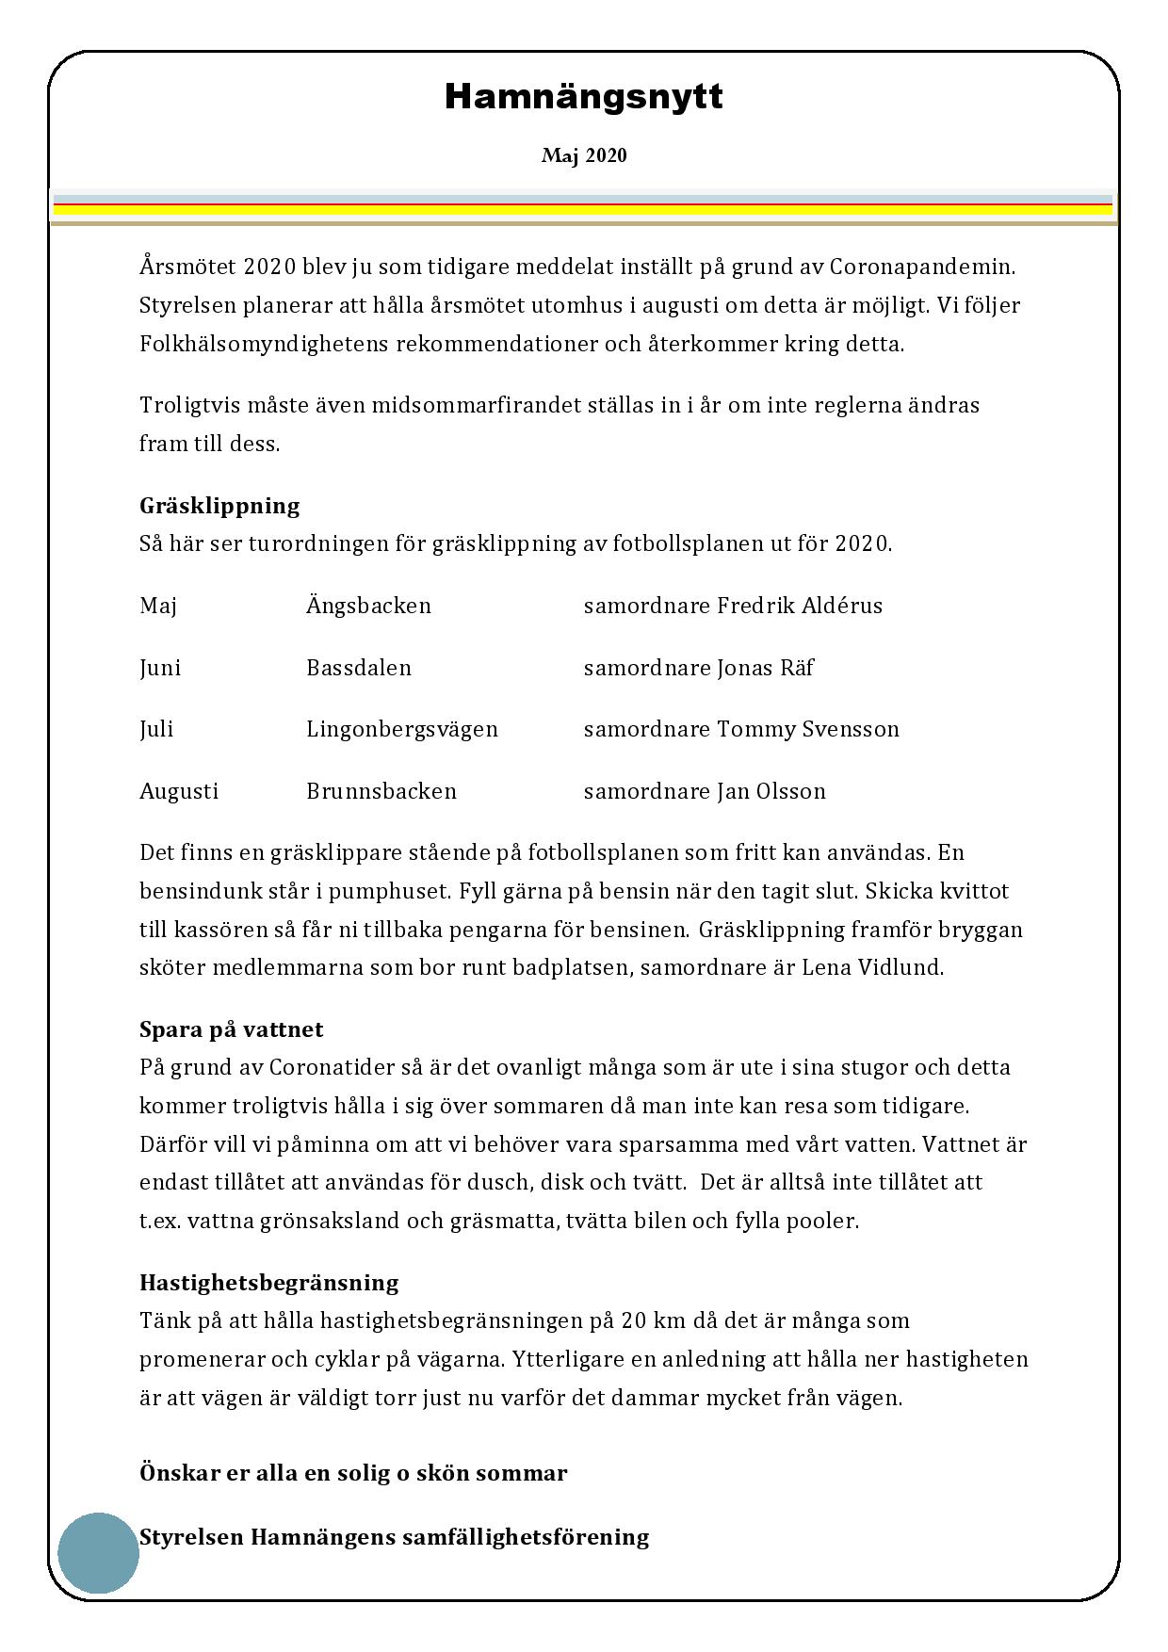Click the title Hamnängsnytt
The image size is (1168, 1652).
[x=583, y=97]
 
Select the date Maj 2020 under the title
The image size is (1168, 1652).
[x=583, y=155]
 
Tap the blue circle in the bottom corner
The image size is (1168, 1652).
[x=98, y=1553]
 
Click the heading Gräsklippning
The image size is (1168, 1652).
[x=219, y=506]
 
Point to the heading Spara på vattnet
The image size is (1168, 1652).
[x=231, y=1029]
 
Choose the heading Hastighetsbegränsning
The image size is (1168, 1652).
[x=268, y=1283]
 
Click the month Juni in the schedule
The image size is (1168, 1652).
[x=160, y=668]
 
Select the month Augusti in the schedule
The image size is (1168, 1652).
[x=179, y=791]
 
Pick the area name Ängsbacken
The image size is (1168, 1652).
[x=368, y=606]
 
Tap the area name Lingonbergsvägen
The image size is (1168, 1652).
[x=402, y=729]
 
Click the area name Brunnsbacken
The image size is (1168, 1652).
[x=381, y=791]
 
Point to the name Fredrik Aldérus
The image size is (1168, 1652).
[x=800, y=606]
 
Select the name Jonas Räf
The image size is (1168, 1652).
[x=765, y=668]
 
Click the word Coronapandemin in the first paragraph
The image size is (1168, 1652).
[x=922, y=267]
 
